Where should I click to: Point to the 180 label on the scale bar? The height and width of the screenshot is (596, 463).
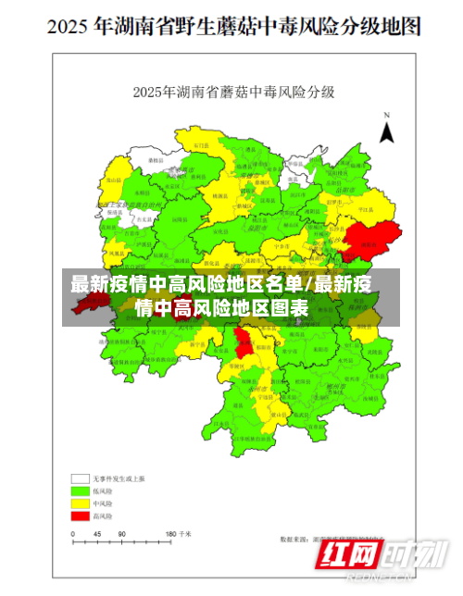[x=171, y=534]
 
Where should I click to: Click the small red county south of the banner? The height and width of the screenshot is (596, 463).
[x=243, y=344]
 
